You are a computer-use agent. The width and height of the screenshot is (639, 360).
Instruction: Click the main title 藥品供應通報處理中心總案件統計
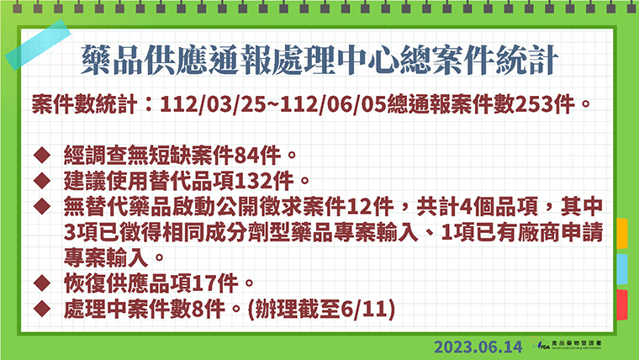(x=319, y=61)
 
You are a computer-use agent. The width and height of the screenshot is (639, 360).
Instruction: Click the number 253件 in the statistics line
(x=545, y=104)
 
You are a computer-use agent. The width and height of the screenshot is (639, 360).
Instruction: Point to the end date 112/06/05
(x=334, y=105)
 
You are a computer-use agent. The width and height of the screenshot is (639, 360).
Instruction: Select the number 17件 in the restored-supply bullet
(x=214, y=283)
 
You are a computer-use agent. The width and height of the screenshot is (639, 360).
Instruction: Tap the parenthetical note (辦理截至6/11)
(x=321, y=309)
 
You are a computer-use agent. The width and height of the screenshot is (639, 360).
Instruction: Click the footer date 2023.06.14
(x=478, y=347)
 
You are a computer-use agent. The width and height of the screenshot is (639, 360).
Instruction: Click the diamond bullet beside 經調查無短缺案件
(x=42, y=156)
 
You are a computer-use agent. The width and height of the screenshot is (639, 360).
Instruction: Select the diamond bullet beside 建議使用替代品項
(x=42, y=181)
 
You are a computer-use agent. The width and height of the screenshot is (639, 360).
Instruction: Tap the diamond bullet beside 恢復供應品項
(x=42, y=283)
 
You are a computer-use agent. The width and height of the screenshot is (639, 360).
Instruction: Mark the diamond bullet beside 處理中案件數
(x=42, y=309)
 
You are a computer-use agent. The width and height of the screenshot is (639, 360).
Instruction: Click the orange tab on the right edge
(x=622, y=234)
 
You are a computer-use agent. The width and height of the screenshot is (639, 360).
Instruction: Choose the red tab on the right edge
(x=622, y=305)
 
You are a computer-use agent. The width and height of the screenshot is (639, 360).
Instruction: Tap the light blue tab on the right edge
(x=622, y=269)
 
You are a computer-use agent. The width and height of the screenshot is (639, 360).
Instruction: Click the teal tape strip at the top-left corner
(x=38, y=45)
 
